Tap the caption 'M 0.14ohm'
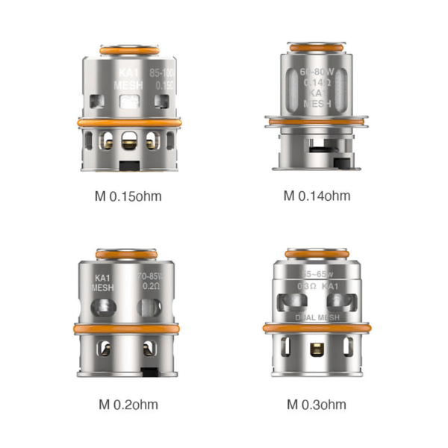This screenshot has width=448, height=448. click(317, 196)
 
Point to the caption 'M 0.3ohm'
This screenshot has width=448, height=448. click(317, 405)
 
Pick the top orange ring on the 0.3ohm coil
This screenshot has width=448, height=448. click(317, 255)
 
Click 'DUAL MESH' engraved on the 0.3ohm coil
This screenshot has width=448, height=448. click(317, 316)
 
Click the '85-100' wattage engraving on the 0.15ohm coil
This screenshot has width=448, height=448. click(161, 74)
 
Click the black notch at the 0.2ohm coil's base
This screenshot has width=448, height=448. click(151, 372)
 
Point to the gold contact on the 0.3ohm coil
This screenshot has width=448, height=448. click(317, 347)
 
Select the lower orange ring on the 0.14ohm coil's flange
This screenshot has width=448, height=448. click(317, 121)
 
